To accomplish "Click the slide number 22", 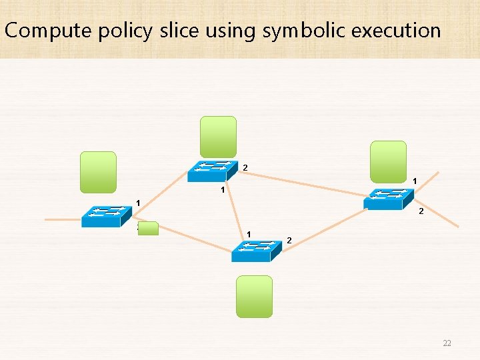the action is coord(447,343).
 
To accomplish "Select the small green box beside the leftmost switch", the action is coord(148,229).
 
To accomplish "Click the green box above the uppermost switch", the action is coord(219,137).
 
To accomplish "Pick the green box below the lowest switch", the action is coord(255,296).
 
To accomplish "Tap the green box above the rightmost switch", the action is coord(389,161).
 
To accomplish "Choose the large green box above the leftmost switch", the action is coord(98,172).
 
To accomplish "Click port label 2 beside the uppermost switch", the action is coord(245,167).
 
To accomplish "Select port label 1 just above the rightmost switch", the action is coord(415,181).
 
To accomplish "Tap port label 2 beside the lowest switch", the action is coord(289,240).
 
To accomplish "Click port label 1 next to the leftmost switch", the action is coord(138,203).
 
